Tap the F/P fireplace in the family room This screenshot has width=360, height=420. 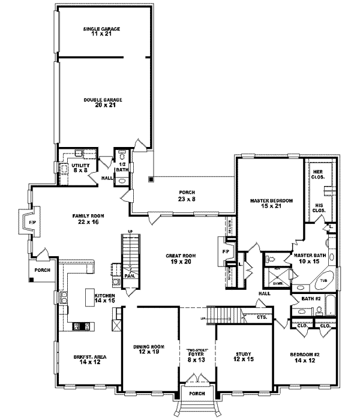click(x=32, y=223)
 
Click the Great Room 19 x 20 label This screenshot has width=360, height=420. click(x=181, y=258)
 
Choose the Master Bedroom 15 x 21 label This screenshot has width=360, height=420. click(x=269, y=203)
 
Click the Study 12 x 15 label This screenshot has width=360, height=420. click(x=245, y=356)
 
